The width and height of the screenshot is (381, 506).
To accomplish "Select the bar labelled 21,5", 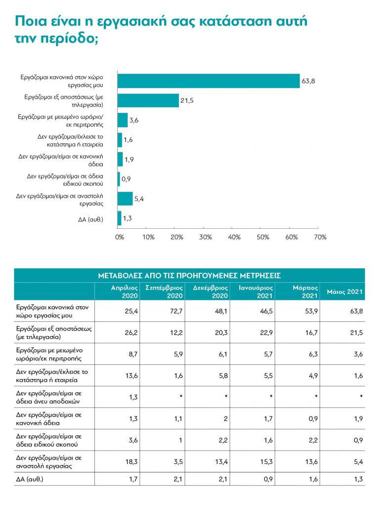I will [x=148, y=100].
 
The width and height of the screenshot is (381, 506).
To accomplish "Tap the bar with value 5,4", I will [x=125, y=199].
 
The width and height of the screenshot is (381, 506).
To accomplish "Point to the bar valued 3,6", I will [x=123, y=120].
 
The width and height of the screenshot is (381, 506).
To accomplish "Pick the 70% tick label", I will [x=320, y=237].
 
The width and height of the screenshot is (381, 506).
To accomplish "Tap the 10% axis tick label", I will [x=148, y=237].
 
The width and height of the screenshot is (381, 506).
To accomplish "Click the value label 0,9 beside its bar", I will [x=126, y=179].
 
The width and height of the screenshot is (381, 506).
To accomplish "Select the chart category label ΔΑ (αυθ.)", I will [x=89, y=218].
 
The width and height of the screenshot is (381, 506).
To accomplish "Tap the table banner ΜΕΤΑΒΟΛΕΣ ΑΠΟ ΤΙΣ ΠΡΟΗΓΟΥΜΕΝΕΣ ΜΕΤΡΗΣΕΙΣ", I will [x=190, y=275].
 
